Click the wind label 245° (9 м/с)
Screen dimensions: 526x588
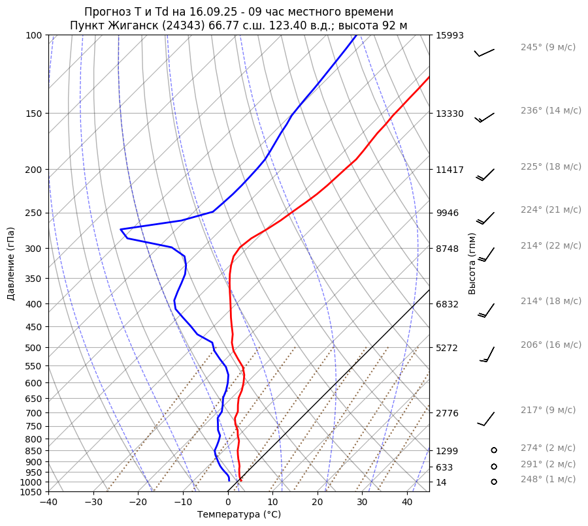click(x=547, y=48)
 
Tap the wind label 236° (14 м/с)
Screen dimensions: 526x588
click(x=551, y=111)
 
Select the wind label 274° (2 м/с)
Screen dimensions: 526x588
click(x=547, y=448)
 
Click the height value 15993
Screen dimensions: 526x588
click(x=449, y=36)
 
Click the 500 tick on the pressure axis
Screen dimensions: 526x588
click(x=35, y=348)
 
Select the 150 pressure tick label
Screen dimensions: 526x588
click(x=35, y=114)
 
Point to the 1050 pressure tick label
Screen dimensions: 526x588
click(x=32, y=492)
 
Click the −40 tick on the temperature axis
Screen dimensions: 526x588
click(x=48, y=503)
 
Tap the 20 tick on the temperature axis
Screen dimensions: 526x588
click(x=318, y=503)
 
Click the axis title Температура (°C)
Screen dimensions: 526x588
click(x=239, y=515)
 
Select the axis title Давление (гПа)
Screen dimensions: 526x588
click(x=11, y=264)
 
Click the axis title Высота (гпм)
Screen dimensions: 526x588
click(x=472, y=264)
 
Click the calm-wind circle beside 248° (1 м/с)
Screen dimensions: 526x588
click(x=494, y=482)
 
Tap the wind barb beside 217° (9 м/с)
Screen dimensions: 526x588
click(x=486, y=418)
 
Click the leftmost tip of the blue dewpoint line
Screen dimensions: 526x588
click(x=121, y=229)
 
